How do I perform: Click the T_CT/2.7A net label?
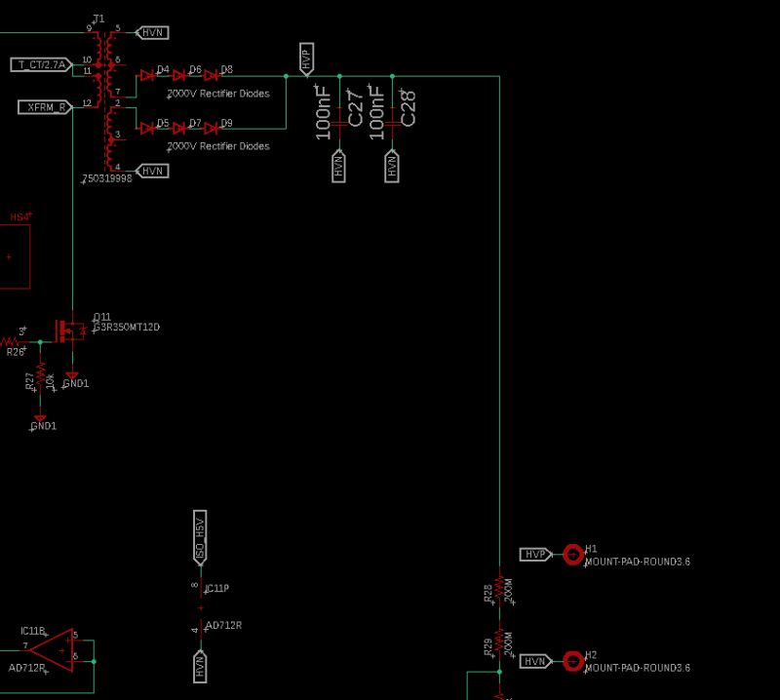coord(40,65)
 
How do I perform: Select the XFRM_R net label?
coord(44,106)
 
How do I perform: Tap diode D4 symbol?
coord(148,75)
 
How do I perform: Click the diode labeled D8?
coord(211,75)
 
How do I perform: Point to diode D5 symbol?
coord(148,128)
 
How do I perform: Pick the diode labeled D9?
coord(211,128)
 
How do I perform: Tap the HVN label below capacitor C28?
coord(393,167)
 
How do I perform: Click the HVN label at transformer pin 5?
coord(153,32)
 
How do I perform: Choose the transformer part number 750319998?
coord(107,179)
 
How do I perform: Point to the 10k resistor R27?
coord(40,376)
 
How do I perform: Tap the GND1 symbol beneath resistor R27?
coord(40,418)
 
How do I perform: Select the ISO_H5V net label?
coord(200,536)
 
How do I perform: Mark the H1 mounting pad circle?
coord(572,554)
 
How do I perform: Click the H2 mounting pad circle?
coord(572,661)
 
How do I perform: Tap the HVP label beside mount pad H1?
coord(535,554)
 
